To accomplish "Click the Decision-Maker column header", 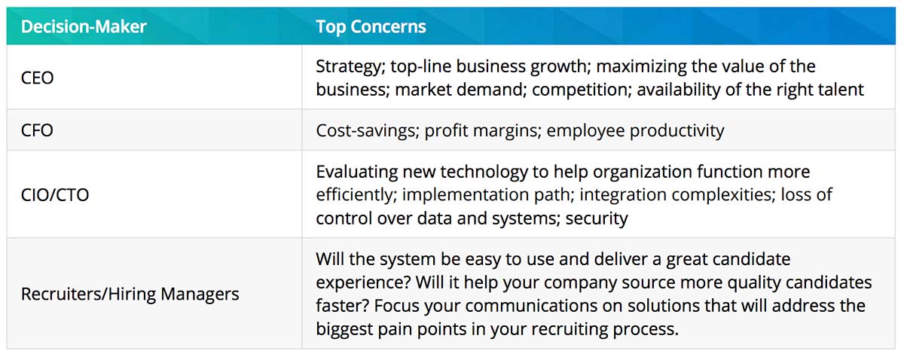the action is pyautogui.click(x=84, y=26).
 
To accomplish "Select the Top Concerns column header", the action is pyautogui.click(x=371, y=26).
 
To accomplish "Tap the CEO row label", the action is pyautogui.click(x=37, y=78).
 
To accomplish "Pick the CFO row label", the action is pyautogui.click(x=37, y=130).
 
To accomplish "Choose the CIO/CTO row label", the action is pyautogui.click(x=55, y=195).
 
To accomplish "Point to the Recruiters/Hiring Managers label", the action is pyautogui.click(x=130, y=294).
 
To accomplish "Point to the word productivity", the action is pyautogui.click(x=676, y=131).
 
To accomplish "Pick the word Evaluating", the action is pyautogui.click(x=357, y=172).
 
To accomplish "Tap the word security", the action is pyautogui.click(x=597, y=218).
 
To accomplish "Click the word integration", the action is pyautogui.click(x=623, y=195).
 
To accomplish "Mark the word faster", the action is pyautogui.click(x=343, y=306).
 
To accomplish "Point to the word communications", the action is pyautogui.click(x=531, y=306).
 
